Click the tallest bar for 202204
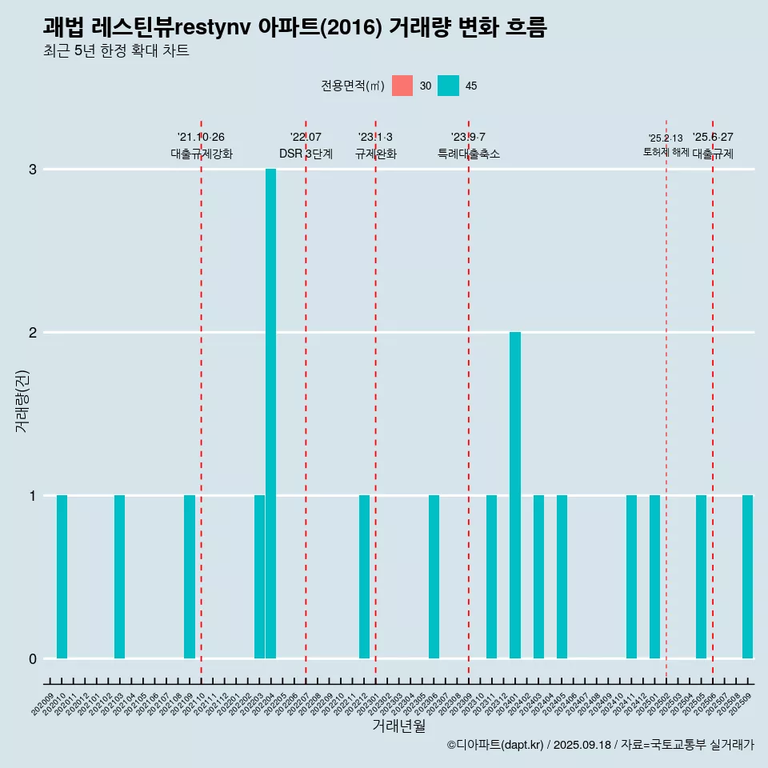tap(270, 414)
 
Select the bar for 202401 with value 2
tap(515, 495)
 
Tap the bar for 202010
tap(62, 577)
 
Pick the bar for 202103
tap(119, 577)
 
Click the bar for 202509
tap(747, 577)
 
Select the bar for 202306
tap(434, 577)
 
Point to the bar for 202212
tap(364, 577)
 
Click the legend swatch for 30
tap(402, 86)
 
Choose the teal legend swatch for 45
tap(448, 86)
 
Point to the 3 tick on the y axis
tap(33, 170)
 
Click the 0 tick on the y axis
tap(33, 658)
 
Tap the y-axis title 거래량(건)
tap(22, 400)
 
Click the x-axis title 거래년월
tap(398, 726)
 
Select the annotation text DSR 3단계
tap(306, 154)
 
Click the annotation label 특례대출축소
tap(468, 154)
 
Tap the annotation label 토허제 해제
tap(666, 151)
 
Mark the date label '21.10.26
tap(201, 137)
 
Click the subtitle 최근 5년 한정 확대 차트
tap(116, 51)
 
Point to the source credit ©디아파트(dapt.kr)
tap(496, 745)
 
